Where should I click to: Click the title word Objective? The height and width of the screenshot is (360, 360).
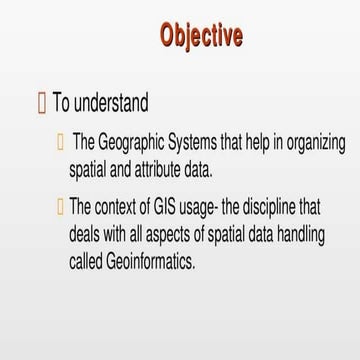[x=201, y=36]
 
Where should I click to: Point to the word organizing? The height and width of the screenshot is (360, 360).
[x=314, y=143]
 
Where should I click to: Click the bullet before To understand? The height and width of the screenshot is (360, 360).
[x=41, y=102]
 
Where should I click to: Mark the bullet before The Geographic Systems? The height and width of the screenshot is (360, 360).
[x=61, y=143]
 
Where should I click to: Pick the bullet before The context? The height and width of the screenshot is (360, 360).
[x=61, y=208]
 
